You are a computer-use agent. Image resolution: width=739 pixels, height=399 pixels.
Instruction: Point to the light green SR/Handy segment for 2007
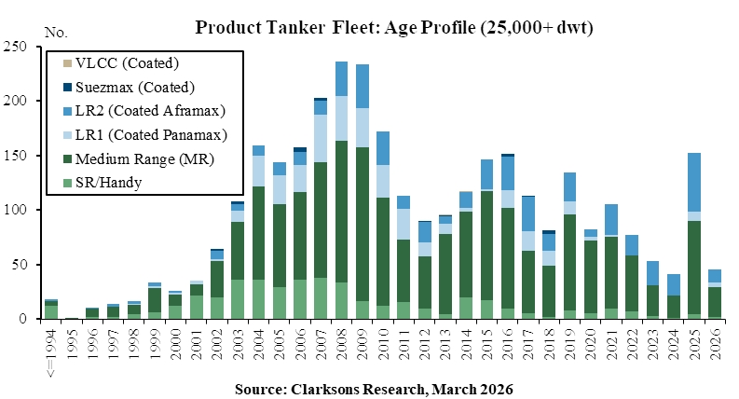[x=321, y=298]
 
